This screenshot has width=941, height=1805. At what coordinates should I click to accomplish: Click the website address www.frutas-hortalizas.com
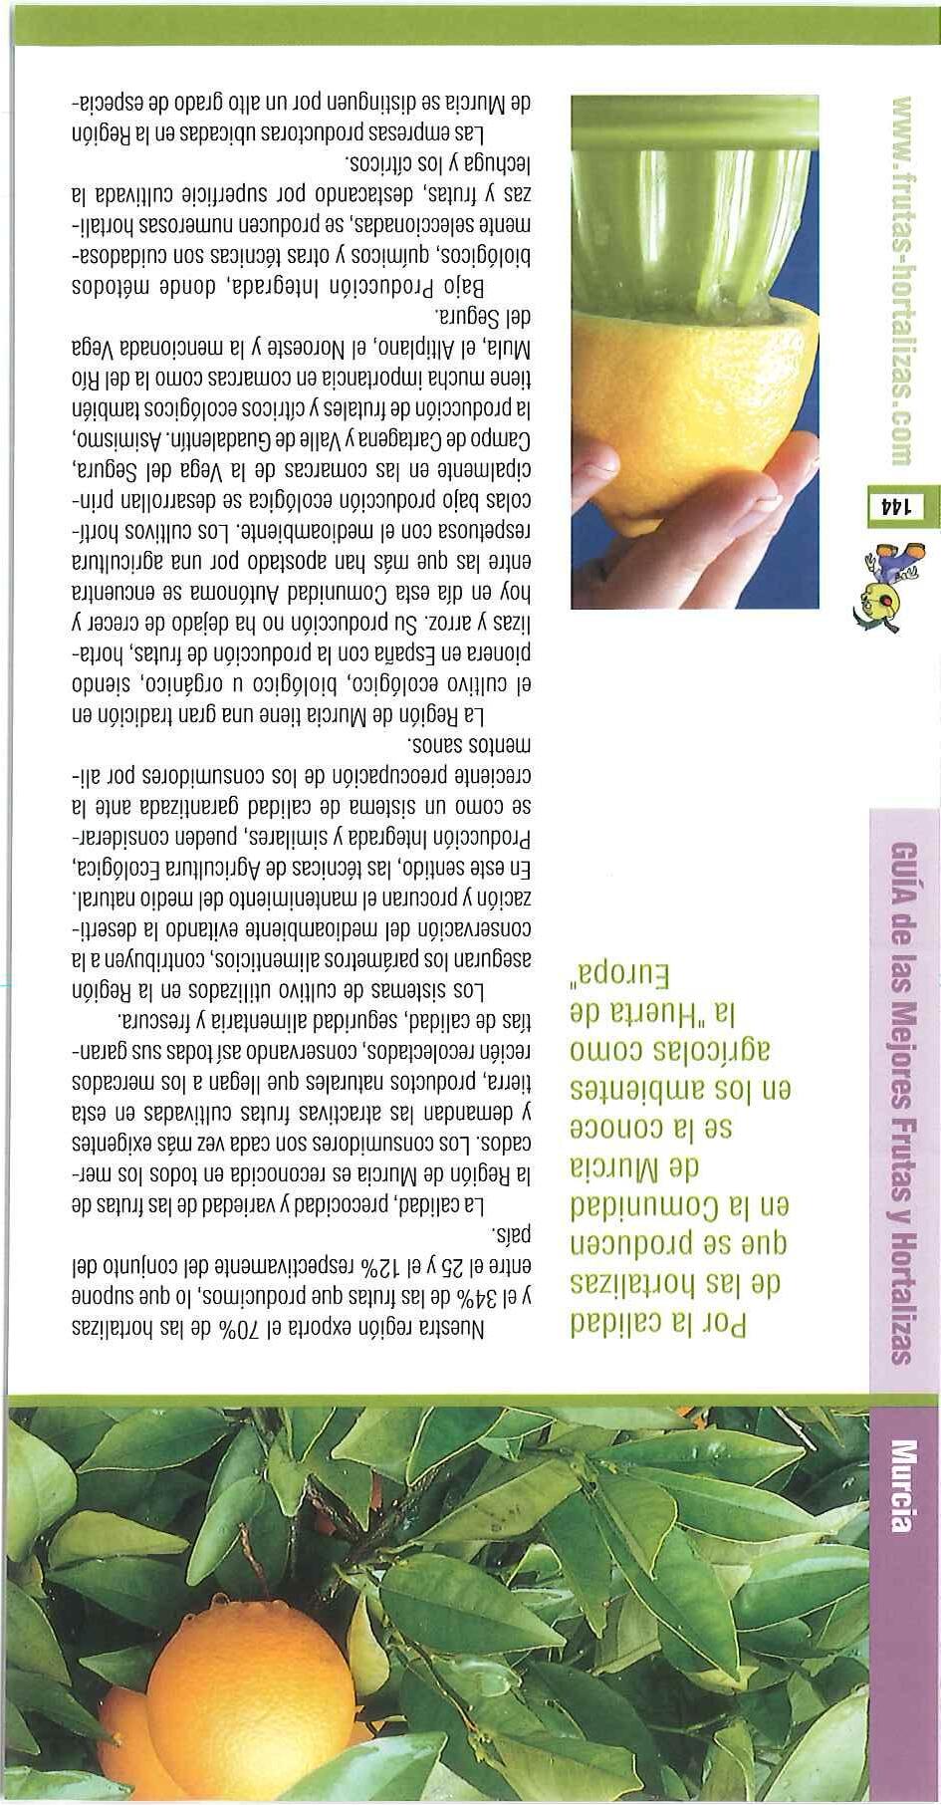pyautogui.click(x=901, y=280)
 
